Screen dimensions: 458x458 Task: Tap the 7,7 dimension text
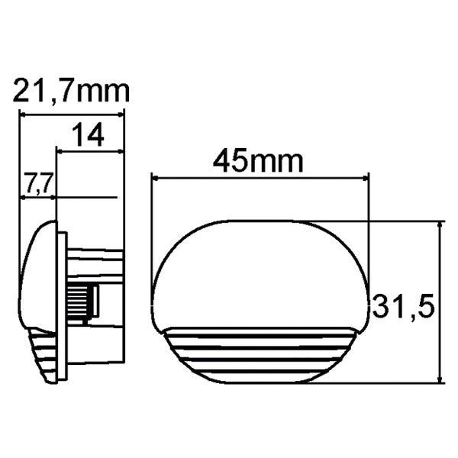tap(38, 183)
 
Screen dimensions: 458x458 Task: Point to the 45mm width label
tap(258, 161)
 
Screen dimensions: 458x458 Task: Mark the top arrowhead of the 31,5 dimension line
tap(440, 225)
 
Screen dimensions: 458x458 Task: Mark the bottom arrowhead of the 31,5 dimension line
tap(440, 379)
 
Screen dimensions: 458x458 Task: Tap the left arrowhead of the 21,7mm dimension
tap(24, 114)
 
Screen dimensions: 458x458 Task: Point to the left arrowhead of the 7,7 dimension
tap(24, 197)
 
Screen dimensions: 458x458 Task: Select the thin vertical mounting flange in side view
tap(63, 305)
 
